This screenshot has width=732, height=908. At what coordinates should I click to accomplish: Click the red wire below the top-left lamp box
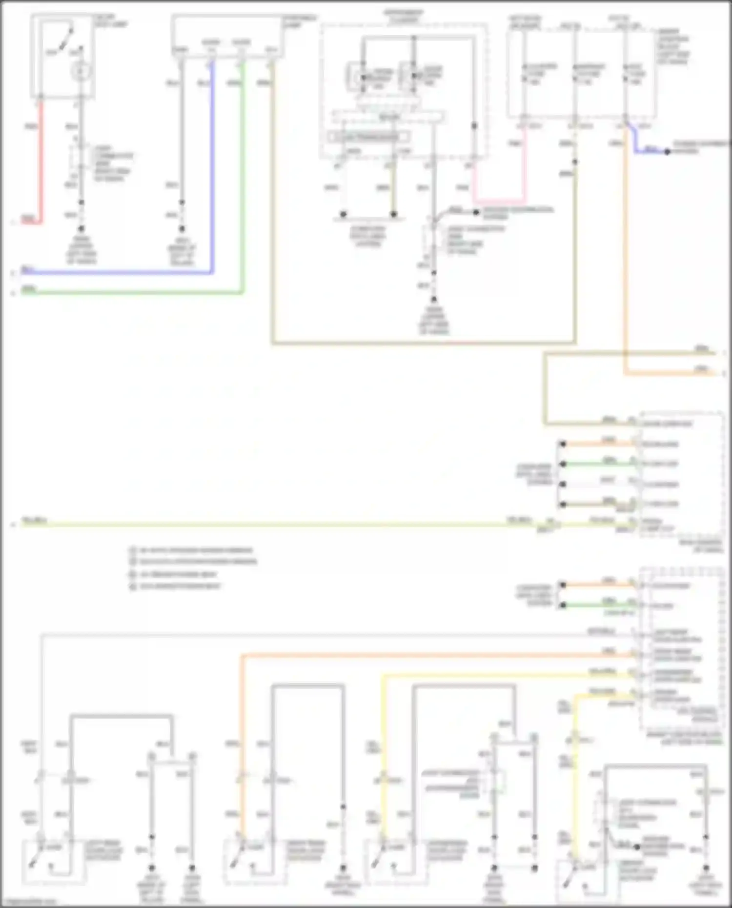point(41,161)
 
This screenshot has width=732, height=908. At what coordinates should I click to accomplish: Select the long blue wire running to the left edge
point(117,272)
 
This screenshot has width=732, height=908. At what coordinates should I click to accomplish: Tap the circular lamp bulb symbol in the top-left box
point(81,72)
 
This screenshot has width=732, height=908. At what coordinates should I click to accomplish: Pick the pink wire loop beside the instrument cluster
point(498,201)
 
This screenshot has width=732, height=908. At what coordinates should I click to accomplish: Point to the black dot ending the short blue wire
point(667,152)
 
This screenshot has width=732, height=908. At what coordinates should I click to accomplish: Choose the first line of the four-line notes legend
point(195,550)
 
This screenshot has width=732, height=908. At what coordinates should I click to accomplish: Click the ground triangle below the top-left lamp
point(81,228)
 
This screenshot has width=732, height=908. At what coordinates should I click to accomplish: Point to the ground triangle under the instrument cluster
point(433,300)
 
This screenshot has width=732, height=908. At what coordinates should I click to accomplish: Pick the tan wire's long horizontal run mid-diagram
point(420,343)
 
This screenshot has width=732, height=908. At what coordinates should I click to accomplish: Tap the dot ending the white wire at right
point(563,484)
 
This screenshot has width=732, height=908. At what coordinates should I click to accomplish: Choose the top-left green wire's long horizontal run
point(132,293)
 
